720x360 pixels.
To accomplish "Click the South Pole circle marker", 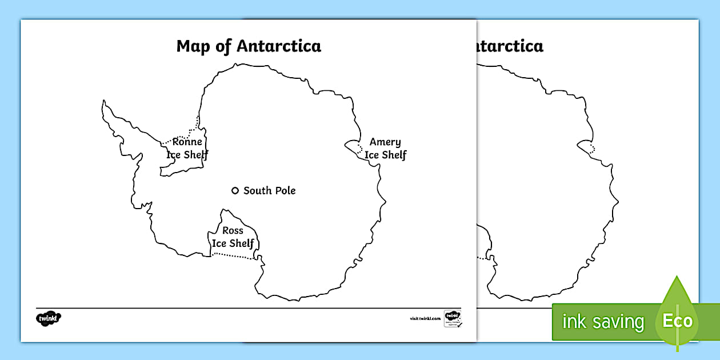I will [x=234, y=191].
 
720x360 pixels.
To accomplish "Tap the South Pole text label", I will [x=269, y=191].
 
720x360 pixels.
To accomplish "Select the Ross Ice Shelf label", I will [x=233, y=237].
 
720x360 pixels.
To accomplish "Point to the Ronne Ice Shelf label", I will [x=187, y=149].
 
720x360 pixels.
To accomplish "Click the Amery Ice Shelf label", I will [x=385, y=149].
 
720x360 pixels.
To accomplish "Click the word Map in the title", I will [x=194, y=46].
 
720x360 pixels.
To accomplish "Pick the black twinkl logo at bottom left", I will [x=49, y=318].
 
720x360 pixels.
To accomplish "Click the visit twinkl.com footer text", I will [x=425, y=318].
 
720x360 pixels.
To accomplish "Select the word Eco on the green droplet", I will [x=677, y=321].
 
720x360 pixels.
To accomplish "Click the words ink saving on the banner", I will [x=603, y=322].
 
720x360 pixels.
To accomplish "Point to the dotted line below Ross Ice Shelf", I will [x=233, y=257].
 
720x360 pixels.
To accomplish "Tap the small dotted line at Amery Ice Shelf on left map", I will [x=361, y=150].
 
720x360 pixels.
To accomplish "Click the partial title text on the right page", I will [x=509, y=46].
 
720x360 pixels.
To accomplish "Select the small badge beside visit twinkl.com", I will [x=453, y=318].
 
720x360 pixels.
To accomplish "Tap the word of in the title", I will [x=221, y=46].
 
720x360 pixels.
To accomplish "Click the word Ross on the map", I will [x=233, y=231].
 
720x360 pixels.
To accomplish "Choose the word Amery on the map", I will [x=385, y=142].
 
